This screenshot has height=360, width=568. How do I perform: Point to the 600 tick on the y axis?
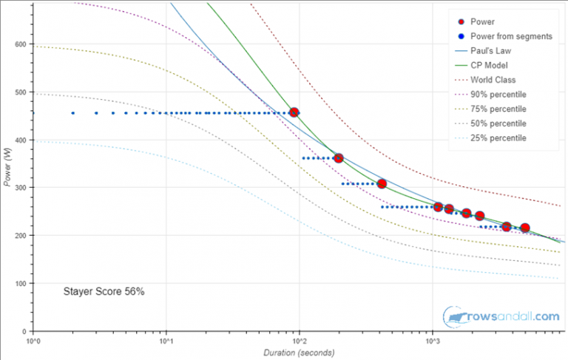click(21, 44)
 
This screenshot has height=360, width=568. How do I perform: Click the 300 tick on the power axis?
click(21, 188)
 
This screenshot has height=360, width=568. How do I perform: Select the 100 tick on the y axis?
click(21, 283)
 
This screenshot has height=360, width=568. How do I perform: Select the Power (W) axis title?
click(8, 166)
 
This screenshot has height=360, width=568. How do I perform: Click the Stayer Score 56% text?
click(104, 292)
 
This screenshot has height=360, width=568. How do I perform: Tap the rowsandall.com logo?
click(501, 316)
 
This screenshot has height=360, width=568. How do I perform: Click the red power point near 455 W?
click(294, 112)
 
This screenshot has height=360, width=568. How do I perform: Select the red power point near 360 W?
click(339, 158)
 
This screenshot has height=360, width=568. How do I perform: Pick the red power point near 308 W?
click(382, 183)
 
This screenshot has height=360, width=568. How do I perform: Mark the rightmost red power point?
click(525, 228)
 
